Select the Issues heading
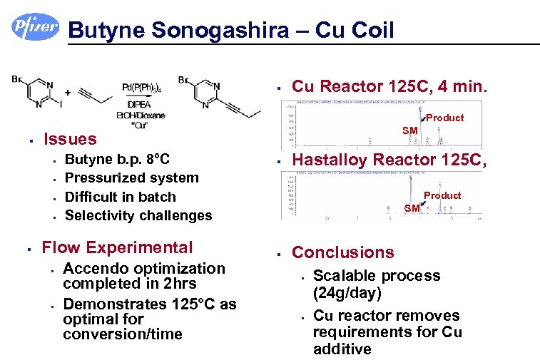(70, 138)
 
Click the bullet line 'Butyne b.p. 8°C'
(117, 158)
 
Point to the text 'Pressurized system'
(131, 178)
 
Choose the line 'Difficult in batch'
(120, 196)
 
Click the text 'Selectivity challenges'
(138, 215)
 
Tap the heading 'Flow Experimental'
(117, 247)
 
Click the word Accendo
(94, 268)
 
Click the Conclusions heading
(342, 252)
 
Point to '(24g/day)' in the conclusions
(347, 292)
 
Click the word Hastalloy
(335, 162)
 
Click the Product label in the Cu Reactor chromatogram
(444, 118)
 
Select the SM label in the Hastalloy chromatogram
(412, 208)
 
